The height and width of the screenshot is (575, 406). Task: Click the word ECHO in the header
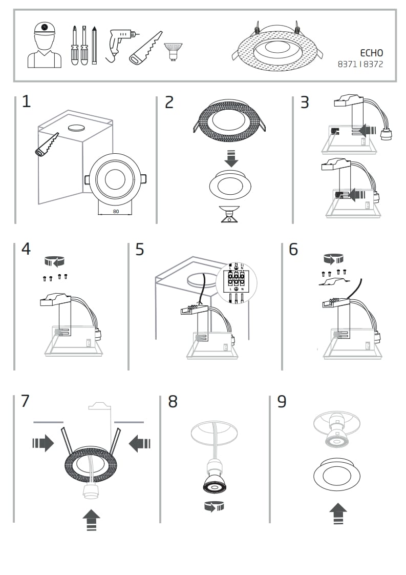click(x=371, y=53)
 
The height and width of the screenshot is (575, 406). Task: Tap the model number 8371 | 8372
click(x=360, y=65)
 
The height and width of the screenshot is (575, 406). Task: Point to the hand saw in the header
click(x=145, y=49)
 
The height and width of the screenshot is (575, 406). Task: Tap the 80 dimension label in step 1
click(x=115, y=211)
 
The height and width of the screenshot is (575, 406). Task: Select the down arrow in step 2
click(x=231, y=158)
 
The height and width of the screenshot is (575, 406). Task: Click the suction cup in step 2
click(x=230, y=213)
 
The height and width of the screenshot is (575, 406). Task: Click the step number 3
click(x=305, y=102)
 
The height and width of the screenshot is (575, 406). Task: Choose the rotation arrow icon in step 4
click(x=55, y=262)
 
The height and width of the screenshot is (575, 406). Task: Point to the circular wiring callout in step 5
click(x=236, y=285)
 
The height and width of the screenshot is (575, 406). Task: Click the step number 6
click(x=293, y=249)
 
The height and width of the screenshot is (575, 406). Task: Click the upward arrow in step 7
click(x=91, y=520)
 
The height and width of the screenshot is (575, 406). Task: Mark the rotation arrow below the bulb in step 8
click(x=214, y=507)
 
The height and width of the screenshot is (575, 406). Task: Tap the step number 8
click(x=173, y=402)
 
